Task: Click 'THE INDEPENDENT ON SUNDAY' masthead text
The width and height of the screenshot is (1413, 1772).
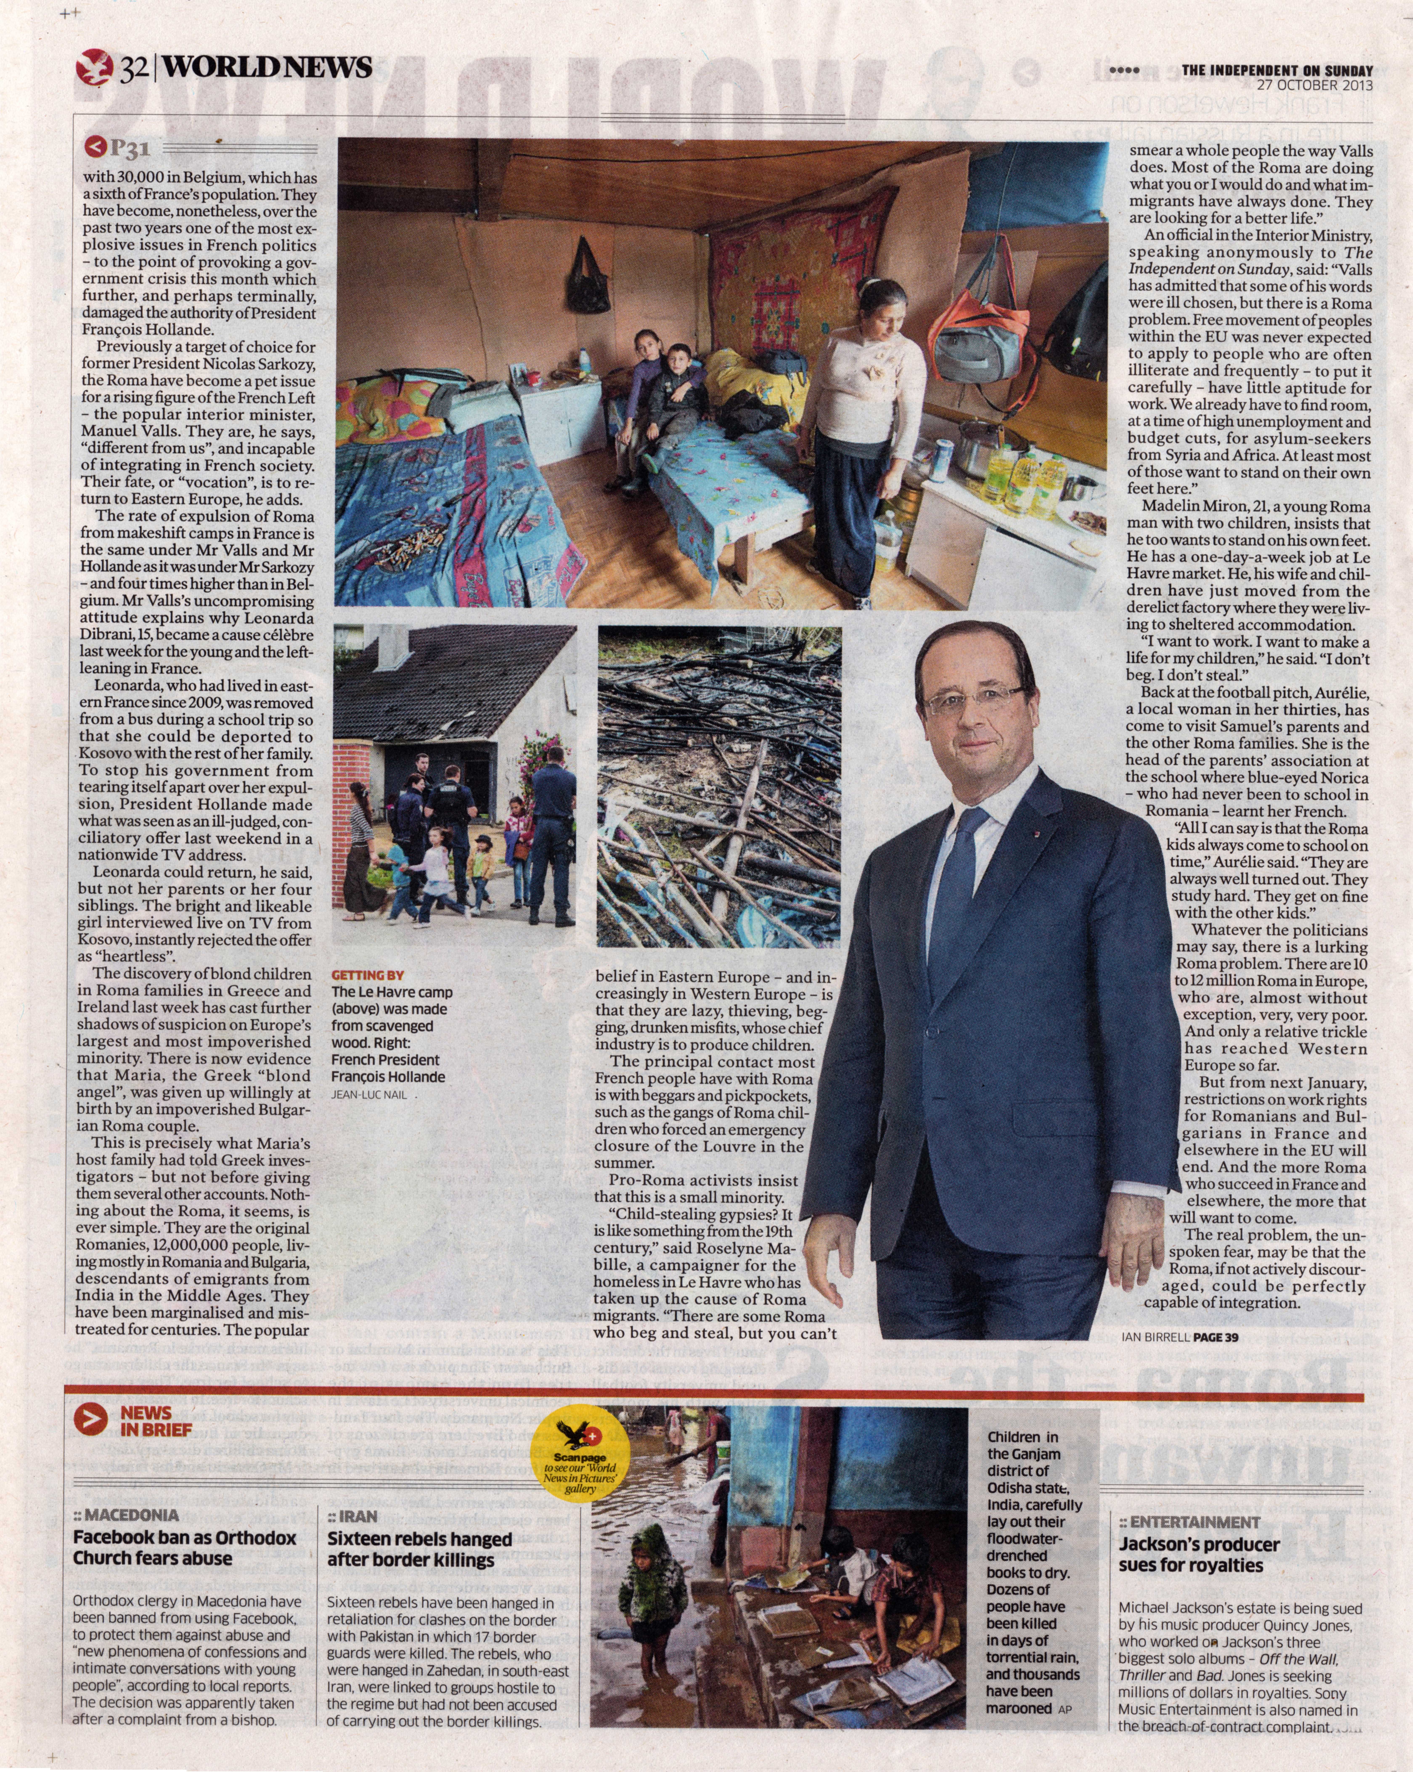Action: tap(1277, 71)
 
